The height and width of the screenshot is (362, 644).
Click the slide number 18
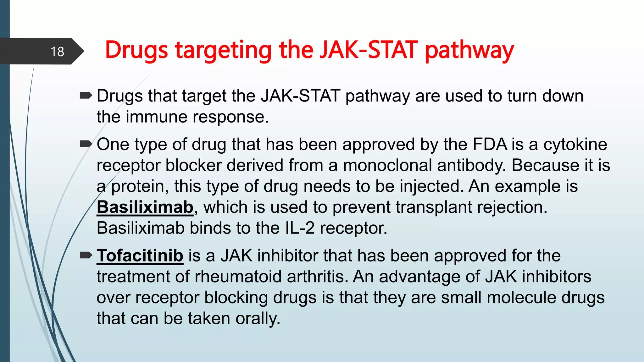[x=57, y=52]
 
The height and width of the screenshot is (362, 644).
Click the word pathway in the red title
[x=469, y=50]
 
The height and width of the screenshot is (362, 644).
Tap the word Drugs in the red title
[x=136, y=50]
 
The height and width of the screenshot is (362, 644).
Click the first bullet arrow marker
[x=86, y=95]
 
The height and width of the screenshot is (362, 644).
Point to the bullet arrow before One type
[x=86, y=144]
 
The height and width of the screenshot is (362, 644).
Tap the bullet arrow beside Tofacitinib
[x=86, y=255]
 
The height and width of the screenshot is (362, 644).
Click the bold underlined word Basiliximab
[x=145, y=207]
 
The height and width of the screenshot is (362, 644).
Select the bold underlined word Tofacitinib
[x=140, y=255]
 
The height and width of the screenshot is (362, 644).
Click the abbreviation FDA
[x=490, y=145]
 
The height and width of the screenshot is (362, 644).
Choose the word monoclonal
[x=387, y=165]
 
